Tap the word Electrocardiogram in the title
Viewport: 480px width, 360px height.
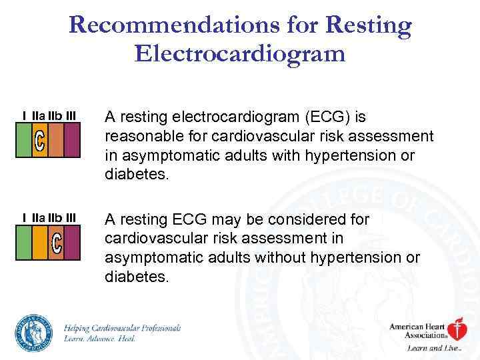click(240, 53)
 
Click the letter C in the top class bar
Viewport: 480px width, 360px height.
click(40, 141)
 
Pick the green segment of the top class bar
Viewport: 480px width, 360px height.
click(24, 141)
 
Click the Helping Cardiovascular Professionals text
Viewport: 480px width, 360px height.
click(123, 328)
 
